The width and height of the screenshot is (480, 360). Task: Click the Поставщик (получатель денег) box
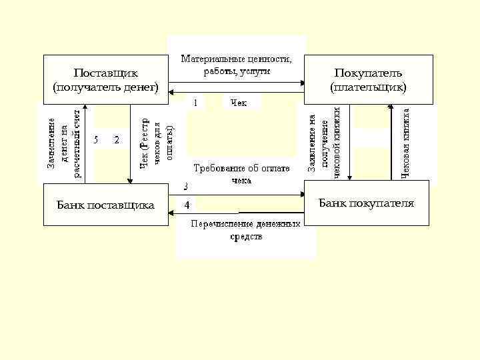click(105, 79)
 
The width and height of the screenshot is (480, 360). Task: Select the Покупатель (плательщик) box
click(368, 79)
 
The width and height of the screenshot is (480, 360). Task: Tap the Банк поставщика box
click(105, 205)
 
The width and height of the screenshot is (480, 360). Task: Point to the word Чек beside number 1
click(238, 102)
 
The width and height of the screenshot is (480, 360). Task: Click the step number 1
click(195, 103)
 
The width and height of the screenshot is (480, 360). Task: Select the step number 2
click(117, 140)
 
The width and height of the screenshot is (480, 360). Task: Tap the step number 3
click(186, 186)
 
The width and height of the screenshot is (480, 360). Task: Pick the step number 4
click(187, 204)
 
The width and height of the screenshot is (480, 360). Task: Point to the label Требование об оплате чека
click(241, 174)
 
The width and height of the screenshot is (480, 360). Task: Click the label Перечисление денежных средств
click(246, 230)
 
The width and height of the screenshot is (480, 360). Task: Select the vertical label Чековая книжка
click(405, 139)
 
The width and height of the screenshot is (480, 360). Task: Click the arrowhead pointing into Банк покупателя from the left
click(301, 195)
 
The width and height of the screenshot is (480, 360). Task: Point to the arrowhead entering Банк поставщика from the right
click(171, 213)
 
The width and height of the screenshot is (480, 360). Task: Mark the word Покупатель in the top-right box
click(368, 73)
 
